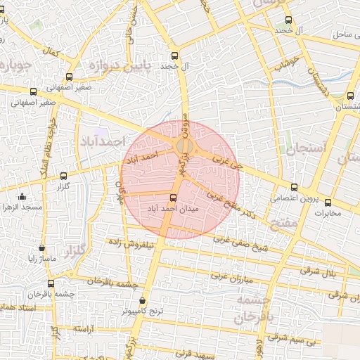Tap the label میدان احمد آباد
[174, 209]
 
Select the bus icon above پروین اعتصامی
[294, 187]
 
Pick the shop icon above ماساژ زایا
[42, 248]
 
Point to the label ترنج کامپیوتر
[141, 310]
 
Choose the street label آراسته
[85, 328]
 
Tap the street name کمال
[51, 52]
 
